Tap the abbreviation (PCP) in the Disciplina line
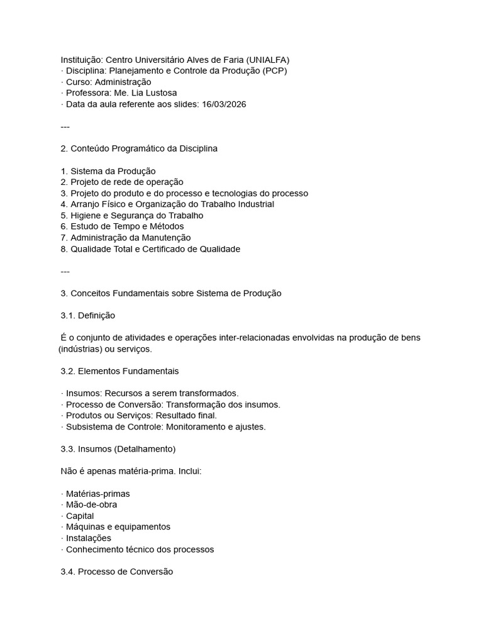pyautogui.click(x=274, y=71)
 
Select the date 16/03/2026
pyautogui.click(x=224, y=104)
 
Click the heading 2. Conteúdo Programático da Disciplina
pyautogui.click(x=139, y=148)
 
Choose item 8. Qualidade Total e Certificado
pyautogui.click(x=150, y=249)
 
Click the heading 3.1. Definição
pyautogui.click(x=87, y=315)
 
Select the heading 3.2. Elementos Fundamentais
pyautogui.click(x=119, y=371)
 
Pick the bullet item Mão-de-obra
pyautogui.click(x=91, y=505)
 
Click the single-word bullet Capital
pyautogui.click(x=80, y=516)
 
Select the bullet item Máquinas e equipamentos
pyautogui.click(x=118, y=527)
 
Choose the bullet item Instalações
pyautogui.click(x=89, y=538)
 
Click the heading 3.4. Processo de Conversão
pyautogui.click(x=116, y=572)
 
